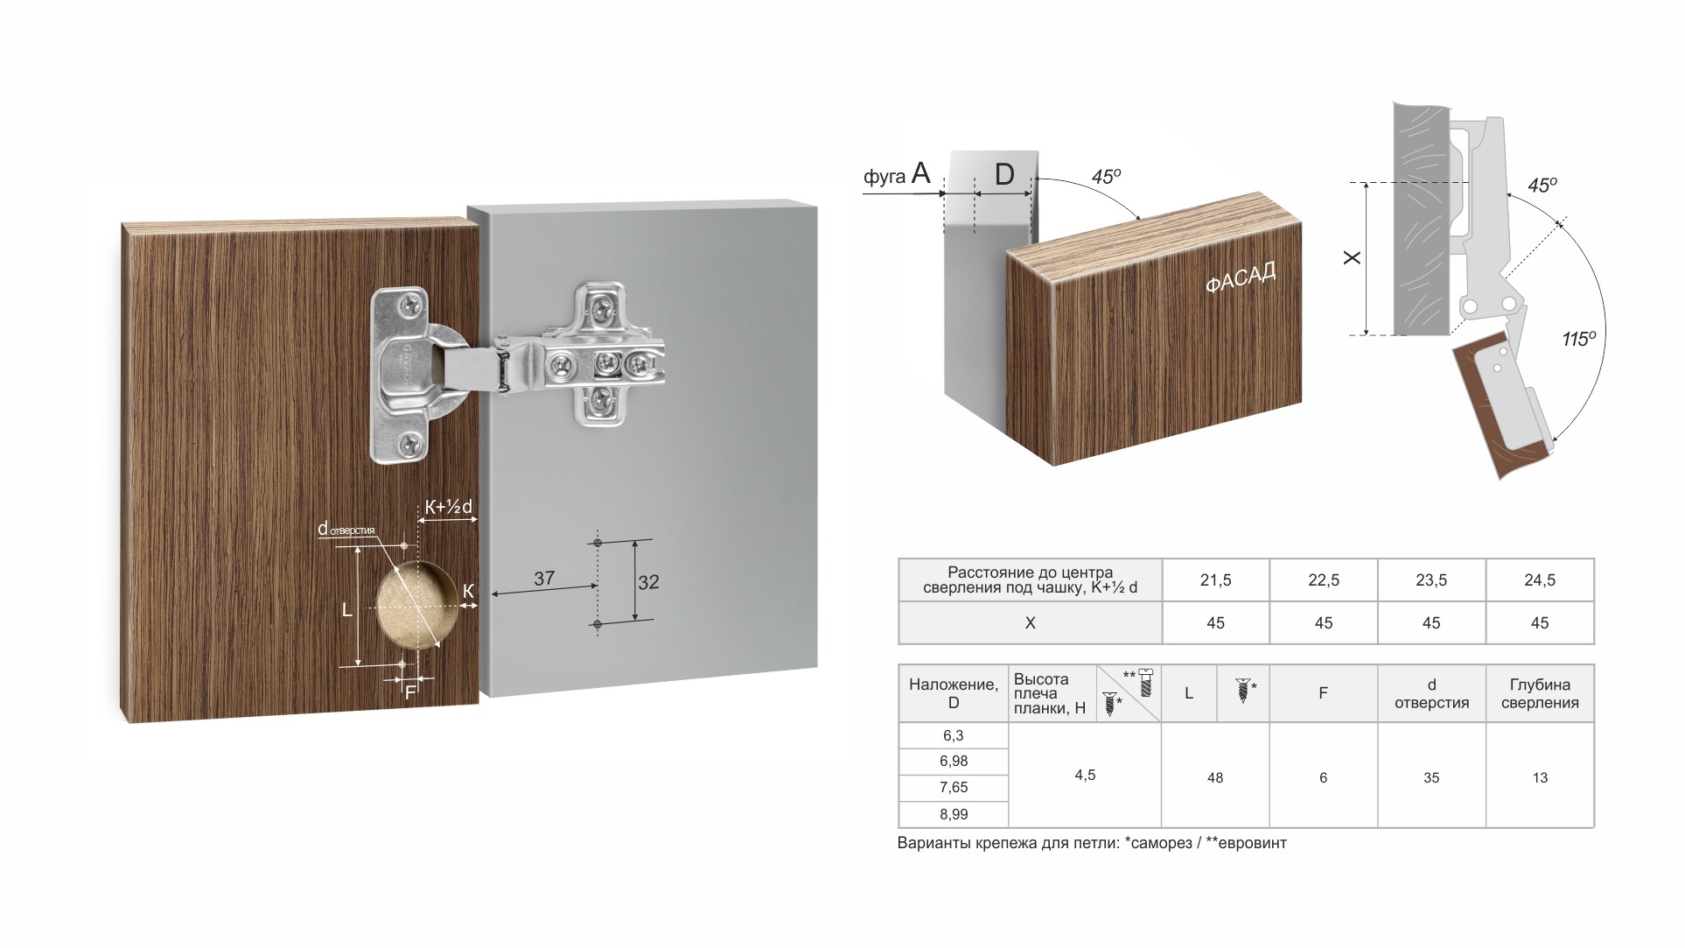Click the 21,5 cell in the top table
tap(1215, 579)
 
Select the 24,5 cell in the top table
tap(1540, 579)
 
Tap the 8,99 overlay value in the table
tap(954, 814)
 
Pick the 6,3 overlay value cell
tap(954, 735)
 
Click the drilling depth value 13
tap(1540, 777)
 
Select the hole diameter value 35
tap(1431, 777)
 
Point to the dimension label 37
tap(544, 578)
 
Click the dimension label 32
tap(648, 582)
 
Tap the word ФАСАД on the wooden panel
tap(1241, 277)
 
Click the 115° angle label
tap(1579, 338)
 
